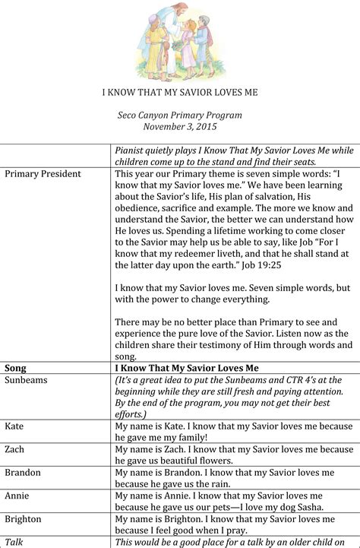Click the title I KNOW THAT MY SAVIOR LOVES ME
(x=180, y=93)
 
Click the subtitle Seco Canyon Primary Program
(x=180, y=116)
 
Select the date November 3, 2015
(x=180, y=127)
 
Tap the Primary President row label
(x=43, y=174)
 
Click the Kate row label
(x=14, y=426)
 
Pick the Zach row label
(x=15, y=450)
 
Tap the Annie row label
(x=17, y=496)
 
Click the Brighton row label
(x=24, y=519)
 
